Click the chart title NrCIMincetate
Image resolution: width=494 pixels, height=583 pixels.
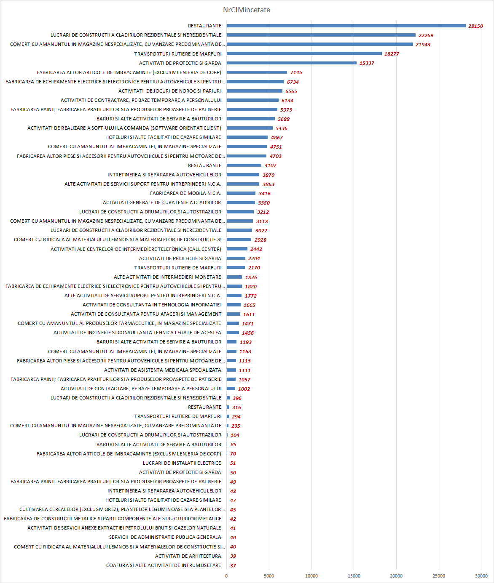[247, 10]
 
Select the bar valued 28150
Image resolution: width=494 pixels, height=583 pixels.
[346, 26]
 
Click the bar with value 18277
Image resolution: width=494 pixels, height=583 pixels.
[304, 53]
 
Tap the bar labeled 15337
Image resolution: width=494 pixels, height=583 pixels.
[291, 63]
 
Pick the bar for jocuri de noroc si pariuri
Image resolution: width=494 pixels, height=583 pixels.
[255, 91]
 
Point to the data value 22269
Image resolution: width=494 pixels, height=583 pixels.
[426, 35]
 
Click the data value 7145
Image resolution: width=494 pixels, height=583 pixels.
[296, 72]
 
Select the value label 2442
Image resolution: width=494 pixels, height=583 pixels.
[256, 249]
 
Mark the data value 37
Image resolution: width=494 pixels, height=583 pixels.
[233, 566]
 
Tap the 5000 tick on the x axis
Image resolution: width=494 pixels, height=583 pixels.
[269, 576]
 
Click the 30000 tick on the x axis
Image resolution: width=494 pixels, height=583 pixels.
[481, 576]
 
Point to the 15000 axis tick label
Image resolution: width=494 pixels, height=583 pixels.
[354, 576]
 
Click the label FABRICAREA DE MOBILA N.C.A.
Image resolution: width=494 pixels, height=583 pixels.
[185, 193]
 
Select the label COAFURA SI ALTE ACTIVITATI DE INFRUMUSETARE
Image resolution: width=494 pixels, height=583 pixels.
[164, 565]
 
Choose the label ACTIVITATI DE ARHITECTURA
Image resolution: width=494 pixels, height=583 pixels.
[188, 556]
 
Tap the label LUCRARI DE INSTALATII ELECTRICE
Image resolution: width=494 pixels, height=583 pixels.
[182, 463]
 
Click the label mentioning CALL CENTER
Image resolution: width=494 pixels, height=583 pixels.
[136, 249]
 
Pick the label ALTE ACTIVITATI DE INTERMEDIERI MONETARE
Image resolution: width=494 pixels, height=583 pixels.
[167, 277]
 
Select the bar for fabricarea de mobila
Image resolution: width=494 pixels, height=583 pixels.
[241, 193]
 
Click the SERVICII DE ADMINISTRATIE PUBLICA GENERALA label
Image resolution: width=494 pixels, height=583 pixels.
[165, 537]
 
